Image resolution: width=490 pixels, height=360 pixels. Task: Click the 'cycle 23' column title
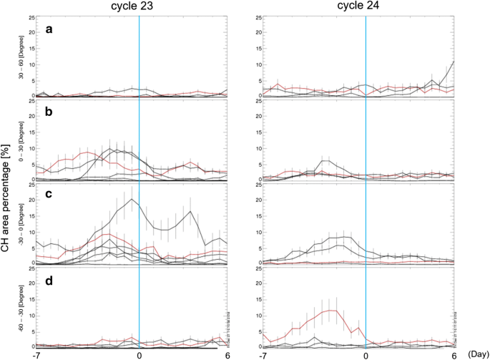point(139,6)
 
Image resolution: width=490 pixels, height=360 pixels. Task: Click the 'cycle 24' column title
point(366,6)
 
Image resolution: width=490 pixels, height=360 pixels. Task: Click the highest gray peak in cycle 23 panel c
point(132,199)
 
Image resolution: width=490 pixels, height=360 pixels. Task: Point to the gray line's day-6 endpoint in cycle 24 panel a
point(454,62)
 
